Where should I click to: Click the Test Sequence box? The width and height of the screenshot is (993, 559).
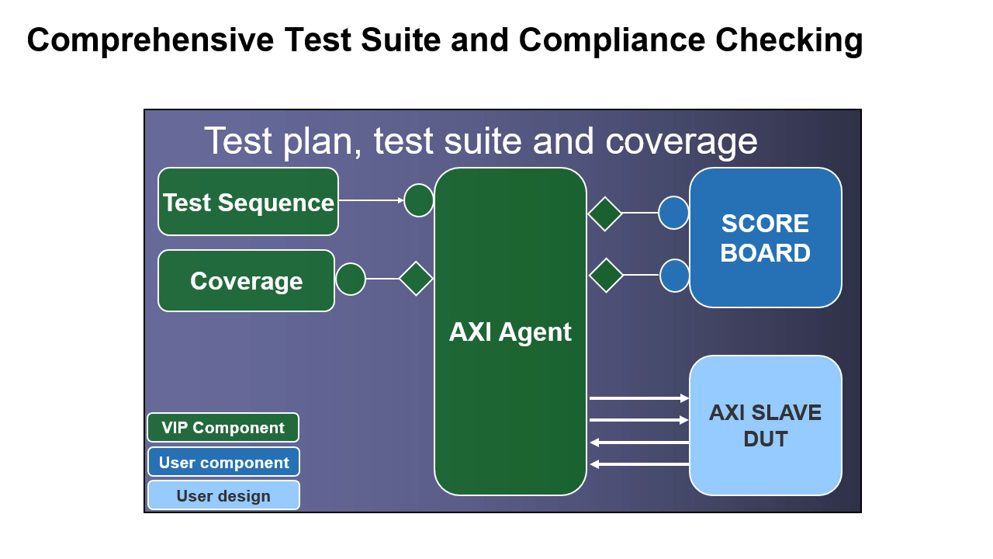[x=248, y=202]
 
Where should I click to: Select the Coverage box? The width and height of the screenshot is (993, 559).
[x=246, y=281]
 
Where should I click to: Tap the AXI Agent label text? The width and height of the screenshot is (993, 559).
[x=510, y=332]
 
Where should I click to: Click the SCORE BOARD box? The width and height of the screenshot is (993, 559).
[x=765, y=238]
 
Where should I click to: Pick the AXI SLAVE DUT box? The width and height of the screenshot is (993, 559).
[x=765, y=425]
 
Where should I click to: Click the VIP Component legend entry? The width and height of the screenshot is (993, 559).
[x=223, y=428]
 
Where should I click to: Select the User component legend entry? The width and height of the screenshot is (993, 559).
[x=223, y=462]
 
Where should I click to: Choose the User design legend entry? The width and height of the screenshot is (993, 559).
[x=223, y=495]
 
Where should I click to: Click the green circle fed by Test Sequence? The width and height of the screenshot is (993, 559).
[x=419, y=200]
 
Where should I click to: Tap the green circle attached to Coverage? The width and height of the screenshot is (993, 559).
[x=351, y=279]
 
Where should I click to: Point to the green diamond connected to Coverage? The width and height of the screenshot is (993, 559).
[x=416, y=279]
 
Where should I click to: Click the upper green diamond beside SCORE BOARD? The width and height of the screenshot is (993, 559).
[x=605, y=214]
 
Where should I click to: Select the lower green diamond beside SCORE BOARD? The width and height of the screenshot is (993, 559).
[x=607, y=275]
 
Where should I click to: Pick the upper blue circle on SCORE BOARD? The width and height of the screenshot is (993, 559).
[x=673, y=213]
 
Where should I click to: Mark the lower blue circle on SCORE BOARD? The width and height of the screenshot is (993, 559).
[x=674, y=276]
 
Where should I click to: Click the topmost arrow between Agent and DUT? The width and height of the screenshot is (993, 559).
[x=638, y=398]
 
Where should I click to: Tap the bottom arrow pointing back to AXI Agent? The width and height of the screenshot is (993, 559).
[x=638, y=464]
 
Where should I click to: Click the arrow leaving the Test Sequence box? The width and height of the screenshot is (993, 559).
[x=371, y=200]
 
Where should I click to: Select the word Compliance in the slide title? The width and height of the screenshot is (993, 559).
[x=611, y=40]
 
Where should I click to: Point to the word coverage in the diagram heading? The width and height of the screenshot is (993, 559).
[x=681, y=141]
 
